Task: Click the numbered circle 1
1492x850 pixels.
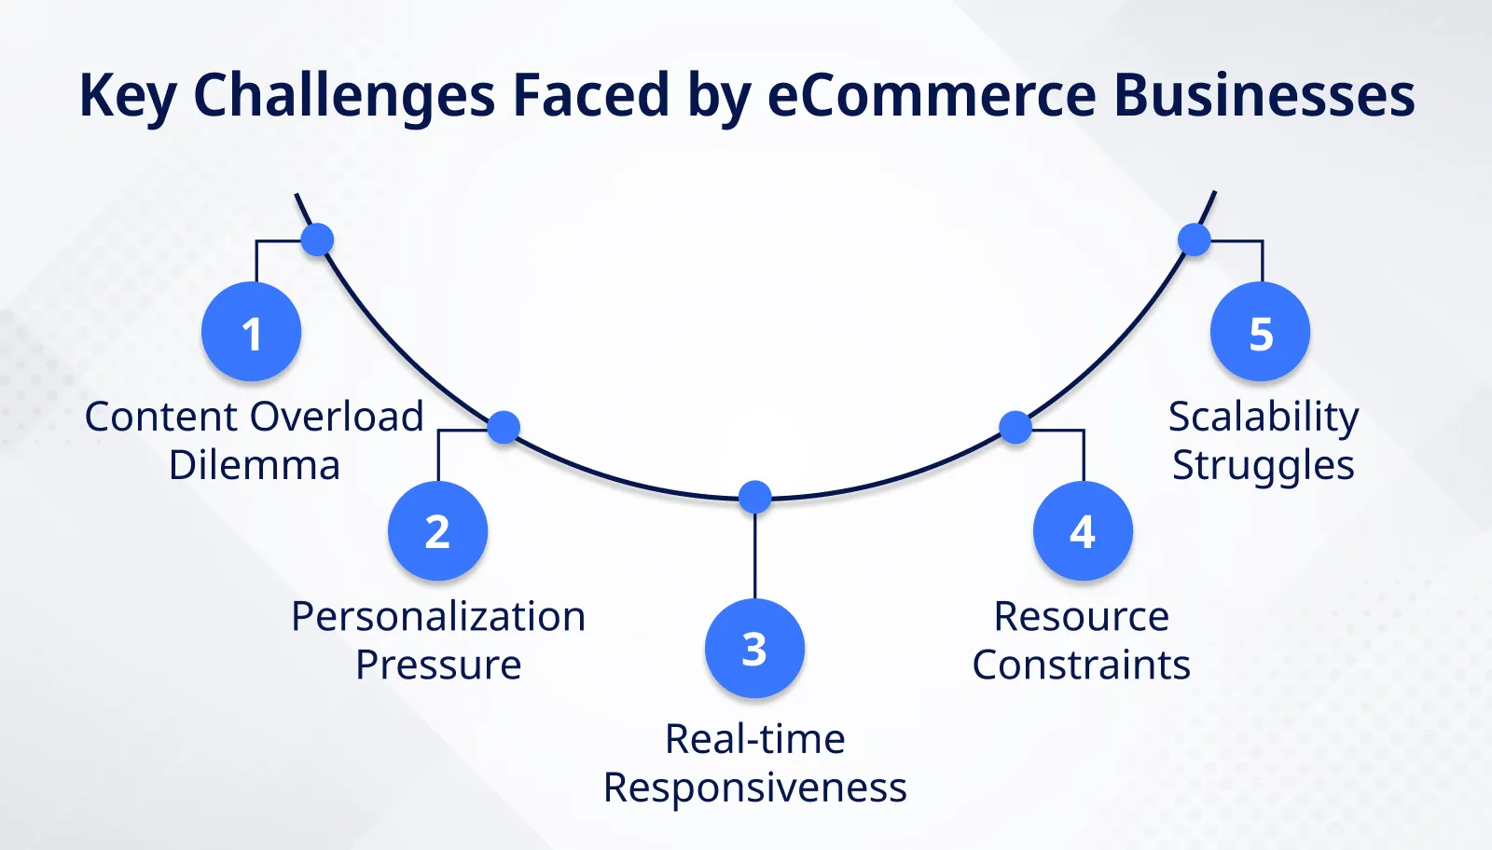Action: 251,332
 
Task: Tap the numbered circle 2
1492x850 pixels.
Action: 437,531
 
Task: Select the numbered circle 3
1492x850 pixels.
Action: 754,649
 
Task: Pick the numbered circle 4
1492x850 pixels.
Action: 1083,531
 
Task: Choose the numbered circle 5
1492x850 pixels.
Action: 1260,332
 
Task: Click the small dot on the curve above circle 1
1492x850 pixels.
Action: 317,240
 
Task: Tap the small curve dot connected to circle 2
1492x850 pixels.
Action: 504,428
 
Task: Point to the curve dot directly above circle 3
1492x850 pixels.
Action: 754,497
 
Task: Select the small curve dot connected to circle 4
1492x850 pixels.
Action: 1015,428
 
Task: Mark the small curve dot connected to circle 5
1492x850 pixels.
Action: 1194,240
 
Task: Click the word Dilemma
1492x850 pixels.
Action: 254,465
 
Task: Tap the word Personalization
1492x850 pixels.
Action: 438,617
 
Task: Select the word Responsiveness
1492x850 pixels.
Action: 754,788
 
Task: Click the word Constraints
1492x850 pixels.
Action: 1081,665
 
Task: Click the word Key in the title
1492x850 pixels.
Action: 127,96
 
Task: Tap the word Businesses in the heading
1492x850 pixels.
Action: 1264,96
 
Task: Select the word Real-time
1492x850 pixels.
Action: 754,740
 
